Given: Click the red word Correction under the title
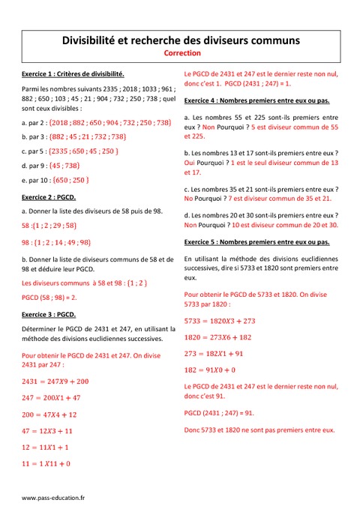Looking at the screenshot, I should [x=180, y=54].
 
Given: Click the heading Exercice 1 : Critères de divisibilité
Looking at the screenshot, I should [x=73, y=74].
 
